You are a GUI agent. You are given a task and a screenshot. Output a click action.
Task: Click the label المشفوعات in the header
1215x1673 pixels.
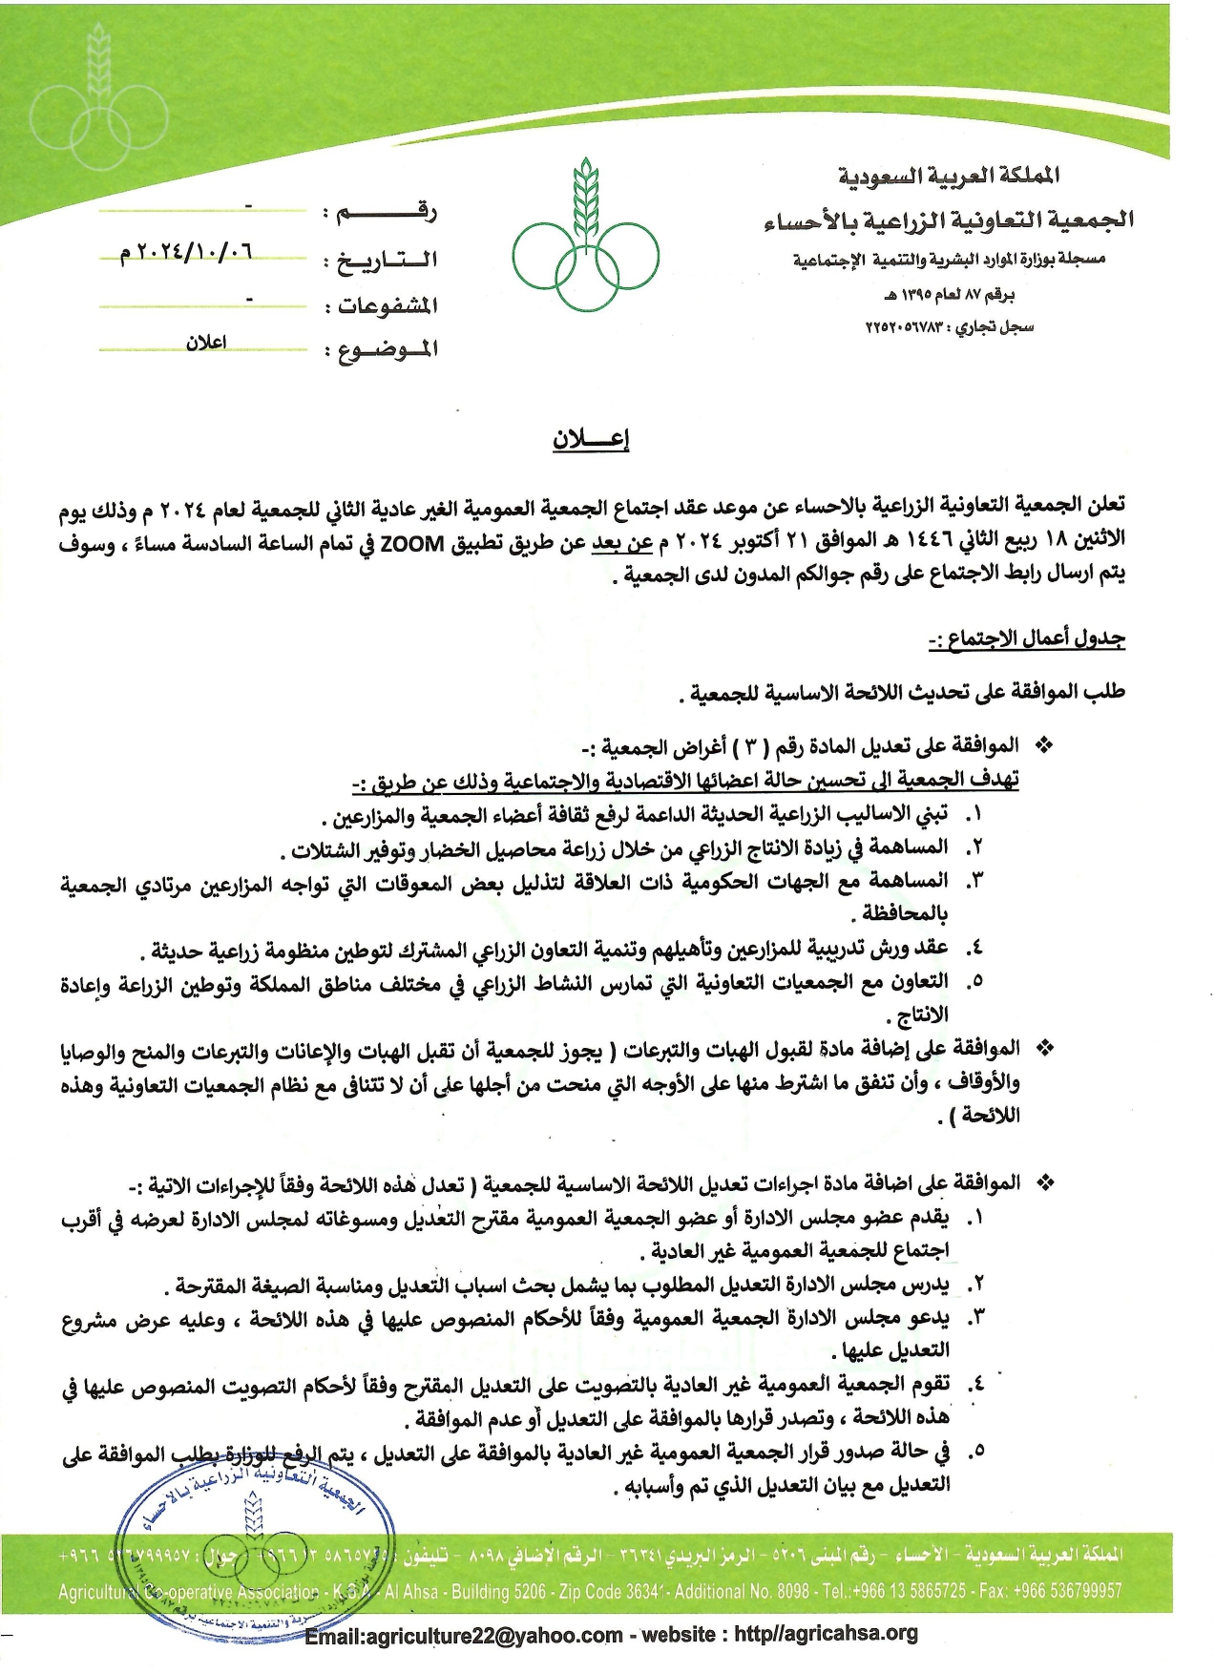pyautogui.click(x=381, y=305)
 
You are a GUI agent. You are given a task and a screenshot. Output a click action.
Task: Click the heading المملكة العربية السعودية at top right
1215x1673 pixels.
pyautogui.click(x=949, y=176)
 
